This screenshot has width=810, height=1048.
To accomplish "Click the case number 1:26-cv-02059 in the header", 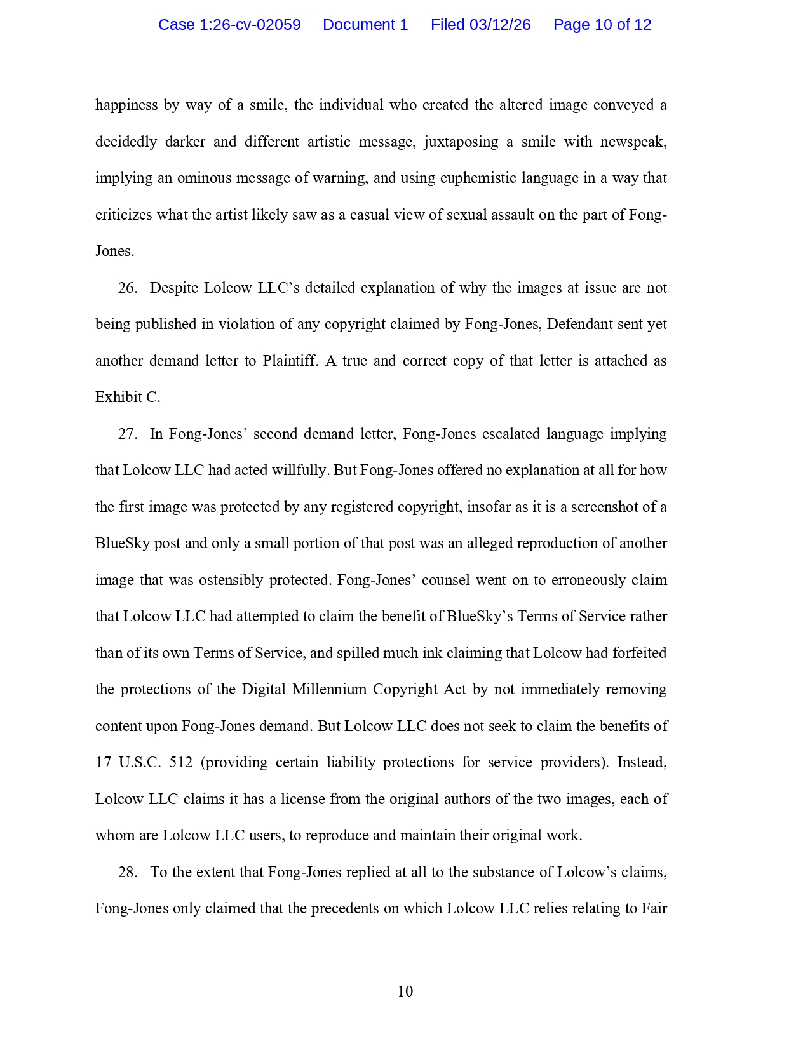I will coord(249,25).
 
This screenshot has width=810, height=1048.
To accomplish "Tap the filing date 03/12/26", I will coord(499,25).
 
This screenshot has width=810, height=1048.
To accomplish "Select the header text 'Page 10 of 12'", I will coord(602,25).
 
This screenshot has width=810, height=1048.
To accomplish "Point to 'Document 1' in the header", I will coord(365,25).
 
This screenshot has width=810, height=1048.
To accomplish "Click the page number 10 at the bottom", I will coord(405,991).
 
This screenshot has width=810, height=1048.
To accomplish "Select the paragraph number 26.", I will coord(127,288).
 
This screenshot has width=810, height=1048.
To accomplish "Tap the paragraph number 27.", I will coord(127,434).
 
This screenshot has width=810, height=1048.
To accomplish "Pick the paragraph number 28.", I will coord(127,872).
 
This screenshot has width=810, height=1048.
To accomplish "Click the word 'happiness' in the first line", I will coord(126,105).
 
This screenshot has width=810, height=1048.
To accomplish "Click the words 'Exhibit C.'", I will coord(128,398).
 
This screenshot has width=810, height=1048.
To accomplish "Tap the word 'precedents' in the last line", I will coord(344,909).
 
